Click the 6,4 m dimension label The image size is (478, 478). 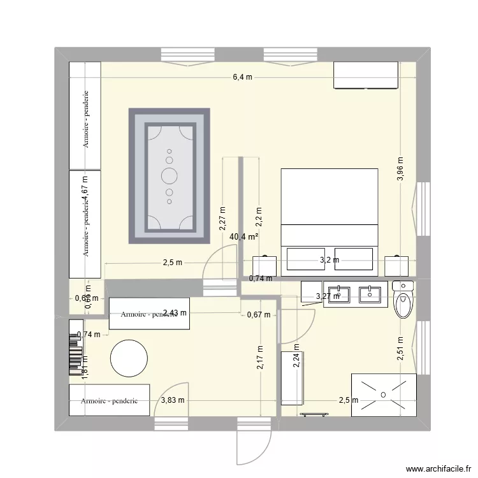[242, 77]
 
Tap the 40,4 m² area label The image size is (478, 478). [244, 237]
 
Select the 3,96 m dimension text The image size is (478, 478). [400, 170]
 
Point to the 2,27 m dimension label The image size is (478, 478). [222, 218]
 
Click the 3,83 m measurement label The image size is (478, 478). [173, 401]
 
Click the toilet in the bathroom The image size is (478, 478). [404, 301]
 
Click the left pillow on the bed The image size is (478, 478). [306, 259]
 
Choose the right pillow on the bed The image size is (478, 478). [354, 259]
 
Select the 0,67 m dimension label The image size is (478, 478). [259, 314]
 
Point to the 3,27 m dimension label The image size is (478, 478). [328, 296]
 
